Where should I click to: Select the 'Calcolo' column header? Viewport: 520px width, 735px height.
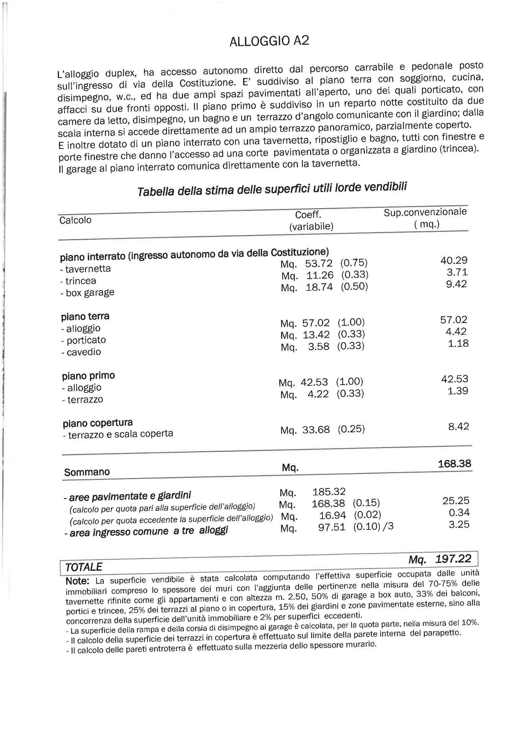(75, 220)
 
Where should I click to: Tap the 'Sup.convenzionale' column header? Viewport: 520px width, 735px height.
(425, 212)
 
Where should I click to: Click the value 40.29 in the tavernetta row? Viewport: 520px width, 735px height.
(454, 260)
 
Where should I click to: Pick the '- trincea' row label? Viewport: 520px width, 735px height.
(78, 281)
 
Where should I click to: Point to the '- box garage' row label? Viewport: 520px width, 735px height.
(87, 292)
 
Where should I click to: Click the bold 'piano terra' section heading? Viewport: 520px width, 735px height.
(85, 316)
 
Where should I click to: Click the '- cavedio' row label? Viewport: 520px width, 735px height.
(81, 352)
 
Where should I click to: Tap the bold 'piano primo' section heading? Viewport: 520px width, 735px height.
(88, 376)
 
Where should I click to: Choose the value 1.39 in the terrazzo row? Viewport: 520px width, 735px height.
(458, 390)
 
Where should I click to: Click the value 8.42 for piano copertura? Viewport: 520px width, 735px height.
(458, 426)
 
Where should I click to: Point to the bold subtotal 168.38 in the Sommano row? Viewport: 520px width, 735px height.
(455, 464)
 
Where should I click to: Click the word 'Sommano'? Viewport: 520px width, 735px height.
(87, 472)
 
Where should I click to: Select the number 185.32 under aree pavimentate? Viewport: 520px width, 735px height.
(329, 492)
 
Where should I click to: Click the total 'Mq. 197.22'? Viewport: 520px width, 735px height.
(440, 559)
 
